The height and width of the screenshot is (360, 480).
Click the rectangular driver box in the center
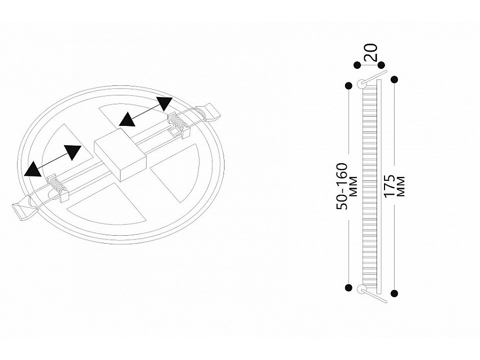coord(119,155)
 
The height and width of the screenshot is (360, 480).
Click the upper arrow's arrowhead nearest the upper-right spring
coord(164,103)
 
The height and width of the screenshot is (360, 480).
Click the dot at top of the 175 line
coord(395,79)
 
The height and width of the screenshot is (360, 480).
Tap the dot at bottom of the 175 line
coord(395,293)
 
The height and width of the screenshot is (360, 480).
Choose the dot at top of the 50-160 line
coord(348,85)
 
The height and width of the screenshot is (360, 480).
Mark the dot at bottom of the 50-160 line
coord(348,288)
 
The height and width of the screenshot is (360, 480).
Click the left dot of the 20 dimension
coord(357,65)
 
